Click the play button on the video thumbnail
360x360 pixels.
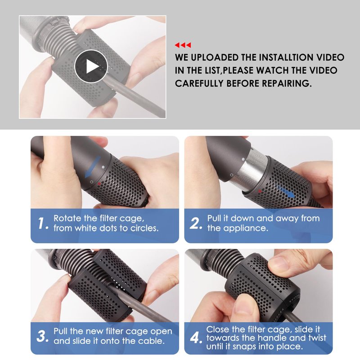(91, 66)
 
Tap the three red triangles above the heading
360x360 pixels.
(183, 45)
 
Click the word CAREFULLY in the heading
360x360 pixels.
(199, 83)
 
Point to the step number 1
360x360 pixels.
(43, 223)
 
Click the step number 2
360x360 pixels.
(196, 223)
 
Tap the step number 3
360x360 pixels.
(42, 336)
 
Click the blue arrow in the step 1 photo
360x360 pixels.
(93, 167)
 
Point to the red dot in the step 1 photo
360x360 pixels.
(99, 184)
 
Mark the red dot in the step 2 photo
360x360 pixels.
(260, 191)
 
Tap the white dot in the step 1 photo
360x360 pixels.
(103, 167)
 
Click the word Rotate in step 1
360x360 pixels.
(67, 218)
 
